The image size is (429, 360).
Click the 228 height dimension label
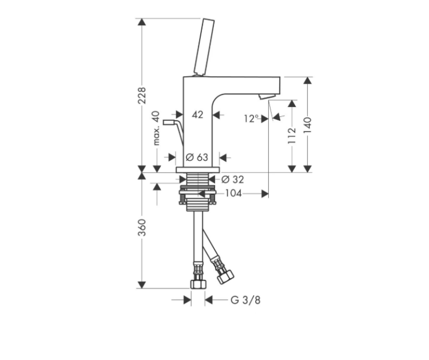[x=142, y=96]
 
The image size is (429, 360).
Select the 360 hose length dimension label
[x=142, y=227]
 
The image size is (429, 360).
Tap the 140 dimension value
[x=308, y=125]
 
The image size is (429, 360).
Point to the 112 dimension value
[x=292, y=136]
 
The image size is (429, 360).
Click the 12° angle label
[x=251, y=118]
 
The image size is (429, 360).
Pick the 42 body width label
[x=197, y=114]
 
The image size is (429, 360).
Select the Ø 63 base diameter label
[x=197, y=157]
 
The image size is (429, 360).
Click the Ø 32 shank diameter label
[x=233, y=179]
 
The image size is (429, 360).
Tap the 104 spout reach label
[x=233, y=193]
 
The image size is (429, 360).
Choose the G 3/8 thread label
[x=245, y=300]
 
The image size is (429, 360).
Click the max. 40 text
[x=156, y=128]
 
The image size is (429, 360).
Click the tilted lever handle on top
[x=204, y=47]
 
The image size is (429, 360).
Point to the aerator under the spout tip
[x=266, y=96]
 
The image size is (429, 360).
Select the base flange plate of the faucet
[x=198, y=170]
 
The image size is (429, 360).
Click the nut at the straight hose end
[x=198, y=284]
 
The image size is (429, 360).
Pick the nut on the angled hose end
[x=225, y=276]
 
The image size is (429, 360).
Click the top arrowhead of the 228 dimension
[x=141, y=22]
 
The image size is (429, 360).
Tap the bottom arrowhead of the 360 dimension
[x=141, y=284]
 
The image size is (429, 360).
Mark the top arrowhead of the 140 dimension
[x=308, y=81]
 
